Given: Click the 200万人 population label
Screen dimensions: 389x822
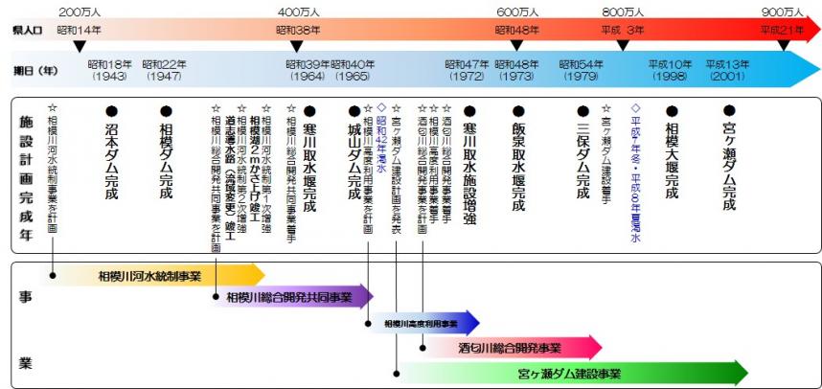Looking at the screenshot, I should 80,11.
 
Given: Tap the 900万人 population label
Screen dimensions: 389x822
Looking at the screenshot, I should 783,11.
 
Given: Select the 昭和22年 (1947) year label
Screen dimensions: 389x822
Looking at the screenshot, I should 164,70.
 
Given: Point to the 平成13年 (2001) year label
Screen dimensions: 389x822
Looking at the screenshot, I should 728,70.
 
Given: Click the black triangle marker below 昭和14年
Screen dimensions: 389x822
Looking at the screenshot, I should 80,44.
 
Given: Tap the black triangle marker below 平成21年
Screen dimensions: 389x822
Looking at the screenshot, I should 785,44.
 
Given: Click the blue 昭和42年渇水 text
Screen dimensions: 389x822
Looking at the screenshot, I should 381,141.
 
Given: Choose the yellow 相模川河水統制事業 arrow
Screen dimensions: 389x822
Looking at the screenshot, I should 153,276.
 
